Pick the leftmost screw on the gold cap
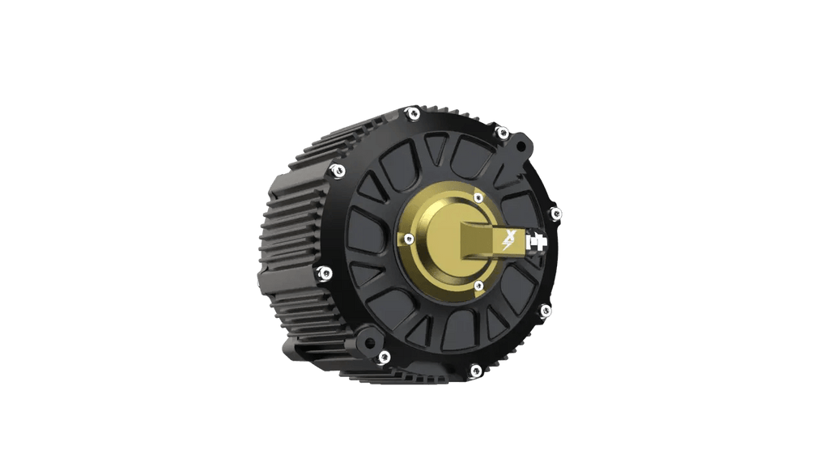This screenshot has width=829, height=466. pyautogui.click(x=409, y=238)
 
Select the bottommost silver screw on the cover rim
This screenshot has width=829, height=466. pyautogui.click(x=475, y=371)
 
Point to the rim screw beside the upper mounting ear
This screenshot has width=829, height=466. pyautogui.click(x=502, y=132)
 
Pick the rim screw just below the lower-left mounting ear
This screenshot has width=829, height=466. pyautogui.click(x=383, y=356)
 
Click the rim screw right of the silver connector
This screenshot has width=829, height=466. pyautogui.click(x=556, y=214)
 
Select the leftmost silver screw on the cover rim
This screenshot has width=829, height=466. pyautogui.click(x=325, y=273)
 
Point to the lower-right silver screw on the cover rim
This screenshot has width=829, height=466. pyautogui.click(x=545, y=310)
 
